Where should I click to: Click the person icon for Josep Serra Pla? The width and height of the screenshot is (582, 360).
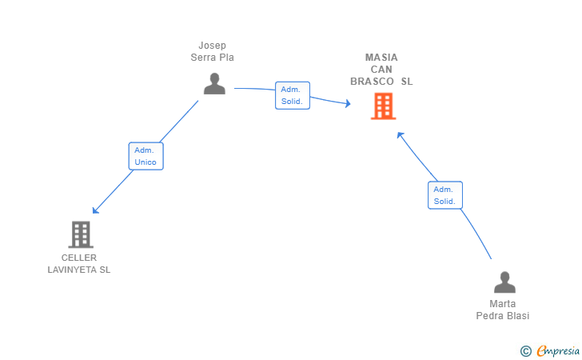tap(214, 83)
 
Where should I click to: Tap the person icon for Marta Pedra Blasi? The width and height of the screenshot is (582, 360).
tap(504, 282)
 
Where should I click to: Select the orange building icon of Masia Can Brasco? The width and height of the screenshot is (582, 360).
tap(384, 106)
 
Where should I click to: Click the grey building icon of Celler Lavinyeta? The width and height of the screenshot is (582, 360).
tap(81, 234)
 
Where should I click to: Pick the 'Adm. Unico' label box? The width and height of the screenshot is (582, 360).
tap(145, 156)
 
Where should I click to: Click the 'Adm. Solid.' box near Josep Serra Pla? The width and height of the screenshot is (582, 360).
tap(292, 95)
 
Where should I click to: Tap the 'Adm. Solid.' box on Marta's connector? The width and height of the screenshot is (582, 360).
tap(444, 195)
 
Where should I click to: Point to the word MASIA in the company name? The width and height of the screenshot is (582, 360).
tap(381, 58)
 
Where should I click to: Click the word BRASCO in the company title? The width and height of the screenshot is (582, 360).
tap(373, 82)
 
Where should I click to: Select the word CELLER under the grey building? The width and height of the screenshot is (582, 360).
tap(79, 258)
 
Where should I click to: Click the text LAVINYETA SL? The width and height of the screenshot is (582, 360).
tap(79, 270)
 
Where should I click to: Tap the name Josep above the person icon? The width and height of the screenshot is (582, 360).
tap(213, 46)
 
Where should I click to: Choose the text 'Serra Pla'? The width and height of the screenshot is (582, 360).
tap(213, 58)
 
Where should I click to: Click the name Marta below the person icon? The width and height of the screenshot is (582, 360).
tap(503, 304)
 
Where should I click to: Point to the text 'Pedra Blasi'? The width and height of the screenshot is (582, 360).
tap(503, 316)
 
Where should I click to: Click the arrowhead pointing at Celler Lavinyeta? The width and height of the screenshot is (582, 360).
tap(95, 210)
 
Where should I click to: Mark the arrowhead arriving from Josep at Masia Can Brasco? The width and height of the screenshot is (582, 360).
tap(347, 104)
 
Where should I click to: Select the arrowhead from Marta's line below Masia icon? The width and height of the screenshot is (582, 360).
tap(401, 135)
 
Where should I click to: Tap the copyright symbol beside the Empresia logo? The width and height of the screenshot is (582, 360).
tap(526, 350)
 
